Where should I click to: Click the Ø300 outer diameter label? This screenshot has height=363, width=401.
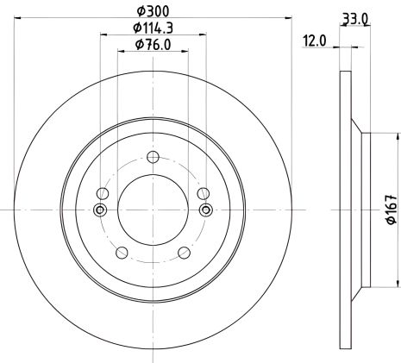point(152,12)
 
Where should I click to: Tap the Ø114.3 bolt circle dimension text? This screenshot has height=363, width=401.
point(152,30)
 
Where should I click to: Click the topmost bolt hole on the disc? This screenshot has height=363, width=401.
point(153,156)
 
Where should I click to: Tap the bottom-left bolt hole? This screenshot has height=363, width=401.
point(121,253)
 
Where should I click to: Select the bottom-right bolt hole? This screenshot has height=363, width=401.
point(185,253)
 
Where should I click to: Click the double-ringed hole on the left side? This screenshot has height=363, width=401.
point(101,210)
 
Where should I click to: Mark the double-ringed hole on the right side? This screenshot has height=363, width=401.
point(205,210)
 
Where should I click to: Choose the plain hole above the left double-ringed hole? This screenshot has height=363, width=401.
point(103,193)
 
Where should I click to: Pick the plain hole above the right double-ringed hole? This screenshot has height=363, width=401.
point(204,193)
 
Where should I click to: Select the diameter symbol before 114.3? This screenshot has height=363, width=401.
point(136,30)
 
